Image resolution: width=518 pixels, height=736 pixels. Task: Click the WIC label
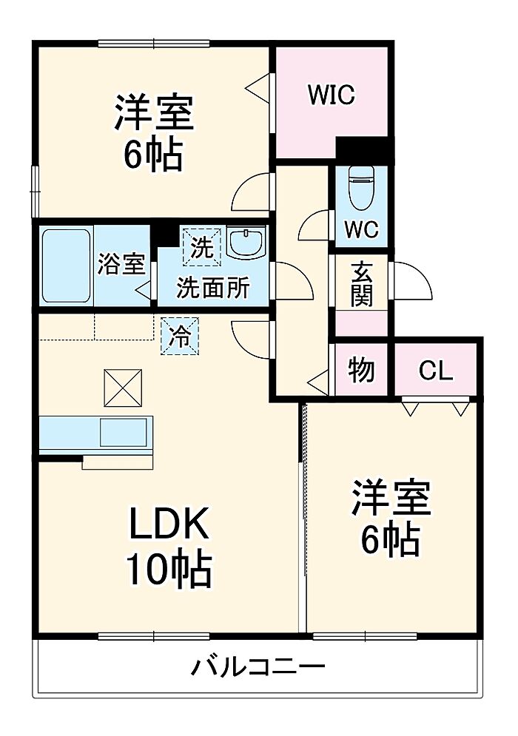click(x=332, y=95)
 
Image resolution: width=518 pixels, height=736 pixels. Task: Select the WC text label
click(x=361, y=229)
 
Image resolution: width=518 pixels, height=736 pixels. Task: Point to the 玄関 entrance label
click(x=361, y=285)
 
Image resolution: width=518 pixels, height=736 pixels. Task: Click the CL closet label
click(x=435, y=371)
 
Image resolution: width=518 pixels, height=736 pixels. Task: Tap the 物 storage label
click(x=361, y=371)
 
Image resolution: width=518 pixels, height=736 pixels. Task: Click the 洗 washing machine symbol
click(x=201, y=246)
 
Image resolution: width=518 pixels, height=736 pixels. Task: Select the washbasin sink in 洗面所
click(x=244, y=243)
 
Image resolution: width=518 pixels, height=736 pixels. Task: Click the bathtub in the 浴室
click(x=65, y=266)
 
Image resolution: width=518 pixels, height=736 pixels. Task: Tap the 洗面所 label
click(x=212, y=287)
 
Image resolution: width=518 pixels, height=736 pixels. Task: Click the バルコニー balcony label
click(x=258, y=668)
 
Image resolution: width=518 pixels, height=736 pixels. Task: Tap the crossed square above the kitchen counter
click(x=122, y=387)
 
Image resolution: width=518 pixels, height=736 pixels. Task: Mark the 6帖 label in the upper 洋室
click(x=154, y=155)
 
